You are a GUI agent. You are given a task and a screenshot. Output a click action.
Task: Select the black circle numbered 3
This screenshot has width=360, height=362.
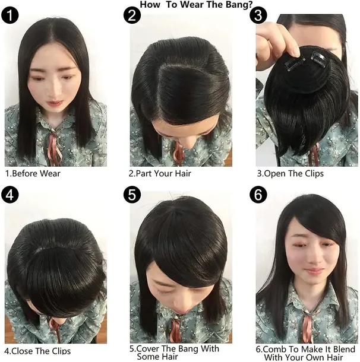coord(259,14)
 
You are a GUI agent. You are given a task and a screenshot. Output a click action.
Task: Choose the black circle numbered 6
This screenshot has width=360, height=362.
coord(259,194)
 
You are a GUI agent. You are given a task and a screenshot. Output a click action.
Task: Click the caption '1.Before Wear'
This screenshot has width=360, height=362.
coord(33,174)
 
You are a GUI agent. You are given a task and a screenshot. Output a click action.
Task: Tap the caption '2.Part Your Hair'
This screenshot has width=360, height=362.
coord(160,174)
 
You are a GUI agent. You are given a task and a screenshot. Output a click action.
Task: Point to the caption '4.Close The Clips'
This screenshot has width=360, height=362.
coord(37,350)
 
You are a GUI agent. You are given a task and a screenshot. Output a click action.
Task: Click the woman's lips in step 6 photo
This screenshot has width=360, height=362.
coord(315,271)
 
